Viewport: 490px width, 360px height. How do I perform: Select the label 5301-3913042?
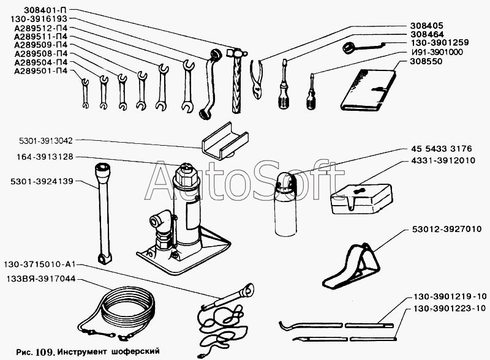pyautogui.click(x=45, y=141)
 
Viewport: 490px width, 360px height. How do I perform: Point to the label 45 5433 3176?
pyautogui.click(x=441, y=148)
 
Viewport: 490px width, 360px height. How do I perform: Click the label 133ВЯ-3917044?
pyautogui.click(x=40, y=279)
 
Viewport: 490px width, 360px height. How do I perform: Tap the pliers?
pyautogui.click(x=257, y=80)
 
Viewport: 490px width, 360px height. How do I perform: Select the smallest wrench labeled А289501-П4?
pyautogui.click(x=85, y=93)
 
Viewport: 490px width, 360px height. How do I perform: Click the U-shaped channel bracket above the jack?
pyautogui.click(x=224, y=140)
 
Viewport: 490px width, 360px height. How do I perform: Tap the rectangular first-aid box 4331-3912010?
pyautogui.click(x=361, y=198)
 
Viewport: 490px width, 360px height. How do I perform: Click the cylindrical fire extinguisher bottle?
pyautogui.click(x=285, y=204)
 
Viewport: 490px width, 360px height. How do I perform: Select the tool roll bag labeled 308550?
pyautogui.click(x=368, y=90)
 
